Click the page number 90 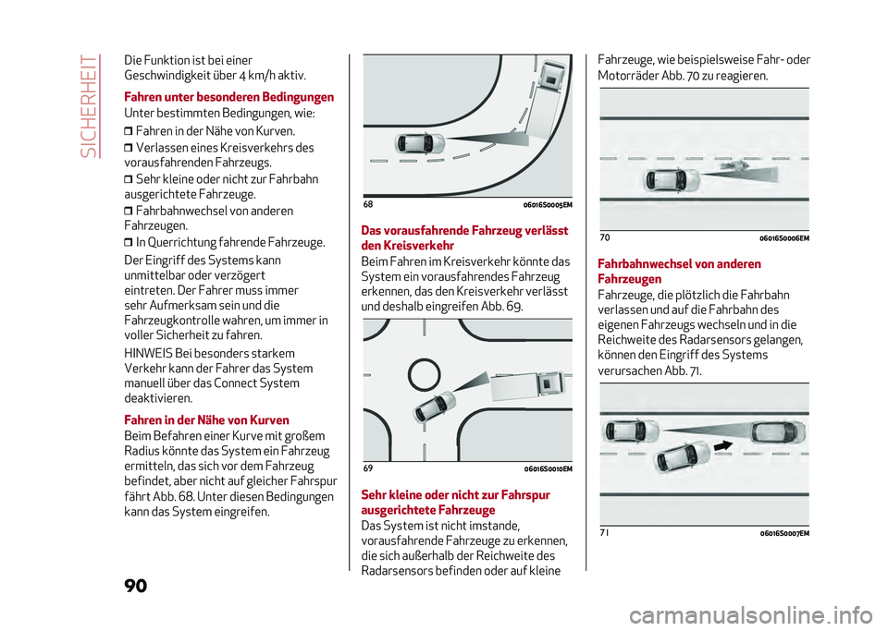133,586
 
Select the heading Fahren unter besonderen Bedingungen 228,97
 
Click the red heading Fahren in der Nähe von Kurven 206,420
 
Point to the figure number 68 369,203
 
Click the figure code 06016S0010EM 541,469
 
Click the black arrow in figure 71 725,444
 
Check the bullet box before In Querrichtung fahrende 129,243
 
